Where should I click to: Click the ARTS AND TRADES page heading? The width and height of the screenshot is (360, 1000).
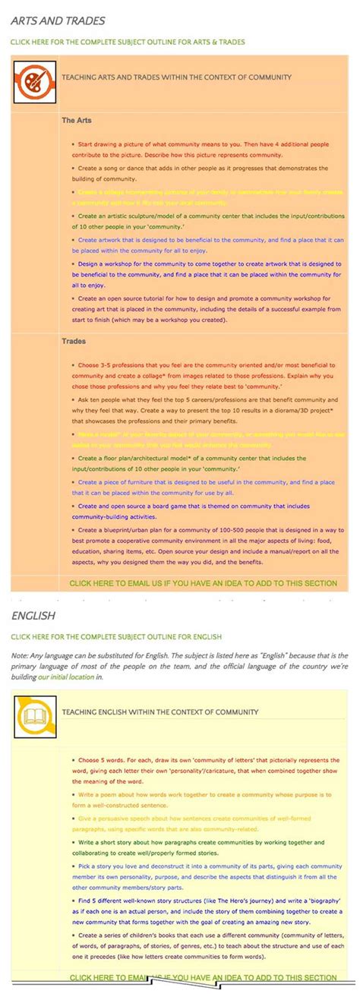coord(58,21)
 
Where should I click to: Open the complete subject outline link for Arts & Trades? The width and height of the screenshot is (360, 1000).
coord(128,42)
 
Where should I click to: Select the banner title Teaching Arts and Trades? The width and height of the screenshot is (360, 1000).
coord(176,77)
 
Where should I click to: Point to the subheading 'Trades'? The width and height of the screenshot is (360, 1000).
coord(74,341)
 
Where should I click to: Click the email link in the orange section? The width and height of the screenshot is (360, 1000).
coord(203,583)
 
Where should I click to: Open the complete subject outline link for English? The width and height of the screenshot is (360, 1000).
coord(115,636)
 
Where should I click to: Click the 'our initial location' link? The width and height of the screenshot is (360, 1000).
coord(67,676)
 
